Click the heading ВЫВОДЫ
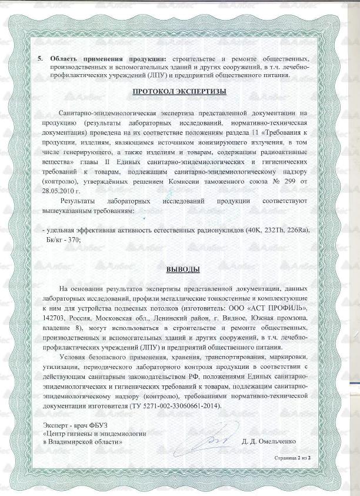click(182, 270)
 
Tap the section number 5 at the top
click(40, 59)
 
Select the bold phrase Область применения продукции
click(108, 59)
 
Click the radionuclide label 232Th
click(278, 230)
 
